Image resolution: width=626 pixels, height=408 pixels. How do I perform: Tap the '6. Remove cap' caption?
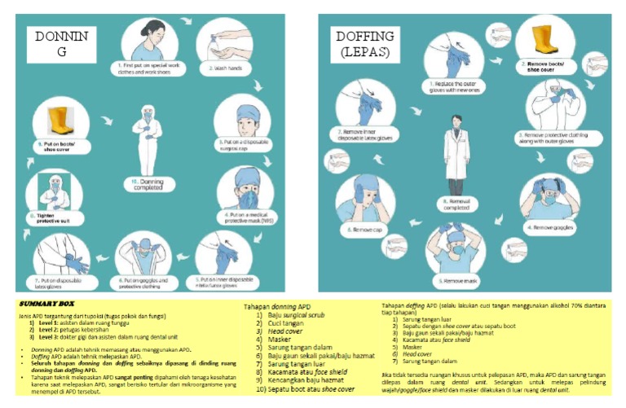click(x=367, y=230)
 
